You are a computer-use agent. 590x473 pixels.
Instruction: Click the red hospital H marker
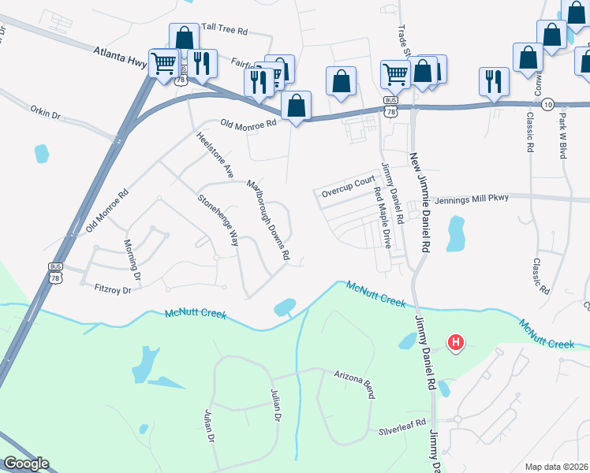tap(456, 343)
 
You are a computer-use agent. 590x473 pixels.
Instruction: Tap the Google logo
tap(26, 464)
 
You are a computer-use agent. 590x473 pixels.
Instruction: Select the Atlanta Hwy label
tap(118, 55)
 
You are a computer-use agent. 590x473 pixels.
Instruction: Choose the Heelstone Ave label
tap(215, 154)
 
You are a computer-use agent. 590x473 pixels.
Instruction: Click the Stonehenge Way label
tap(218, 221)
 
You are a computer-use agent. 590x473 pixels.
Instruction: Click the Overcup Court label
tap(348, 187)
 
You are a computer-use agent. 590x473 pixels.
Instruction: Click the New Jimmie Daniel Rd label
tap(420, 202)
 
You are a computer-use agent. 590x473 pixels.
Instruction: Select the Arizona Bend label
tap(353, 384)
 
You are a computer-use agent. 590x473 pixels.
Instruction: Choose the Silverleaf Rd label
tap(401, 430)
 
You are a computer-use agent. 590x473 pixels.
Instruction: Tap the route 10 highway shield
tap(547, 103)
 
